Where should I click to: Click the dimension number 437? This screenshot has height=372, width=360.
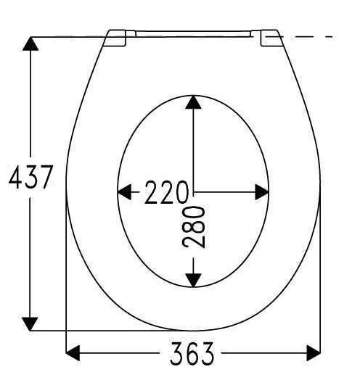(x=30, y=177)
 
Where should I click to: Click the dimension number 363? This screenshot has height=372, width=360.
(x=192, y=353)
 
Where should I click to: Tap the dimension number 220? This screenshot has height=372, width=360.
(x=166, y=192)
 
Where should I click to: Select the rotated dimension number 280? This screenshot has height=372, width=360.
(x=193, y=227)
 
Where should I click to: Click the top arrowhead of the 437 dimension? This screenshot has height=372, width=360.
(x=30, y=44)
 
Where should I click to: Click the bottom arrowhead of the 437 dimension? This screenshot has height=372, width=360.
(x=30, y=324)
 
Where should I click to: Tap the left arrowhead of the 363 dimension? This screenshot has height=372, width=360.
(x=73, y=353)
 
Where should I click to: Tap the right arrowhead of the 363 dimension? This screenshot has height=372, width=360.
(x=314, y=353)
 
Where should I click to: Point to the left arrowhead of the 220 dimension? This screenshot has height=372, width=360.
(x=125, y=192)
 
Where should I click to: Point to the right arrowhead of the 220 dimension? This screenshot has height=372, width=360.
(x=262, y=192)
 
